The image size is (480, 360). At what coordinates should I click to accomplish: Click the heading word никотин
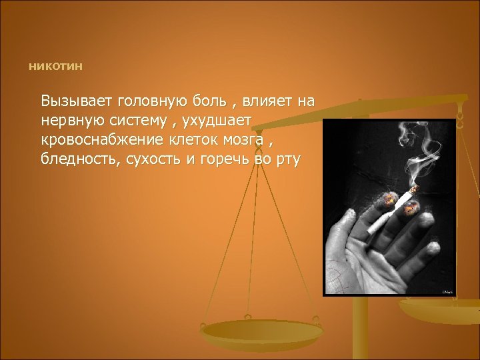tap(56, 67)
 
